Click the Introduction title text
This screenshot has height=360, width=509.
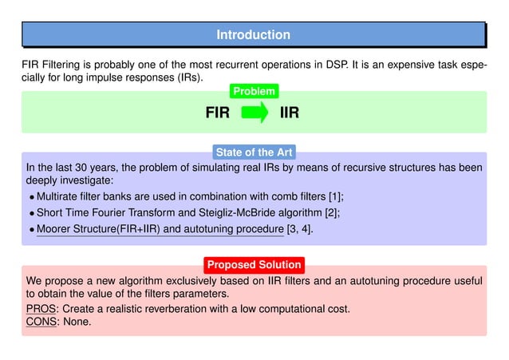(253, 34)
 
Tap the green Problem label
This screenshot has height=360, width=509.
(254, 92)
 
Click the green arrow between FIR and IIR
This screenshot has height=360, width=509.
(254, 113)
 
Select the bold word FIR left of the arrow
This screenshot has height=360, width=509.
(218, 113)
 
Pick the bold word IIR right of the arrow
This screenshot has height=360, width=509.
(290, 113)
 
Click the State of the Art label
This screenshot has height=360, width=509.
(254, 152)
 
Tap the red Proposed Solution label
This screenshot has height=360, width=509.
(254, 264)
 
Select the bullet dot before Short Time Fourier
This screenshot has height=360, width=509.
(32, 214)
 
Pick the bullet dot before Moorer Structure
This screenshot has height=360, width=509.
(32, 231)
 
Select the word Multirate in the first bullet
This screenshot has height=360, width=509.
(62, 196)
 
